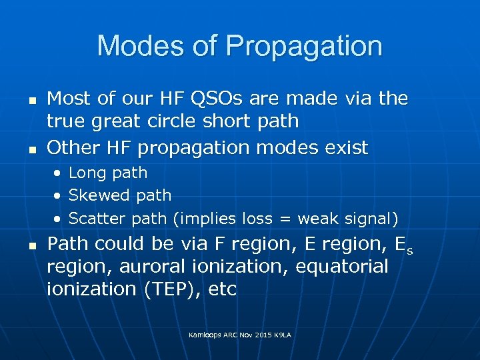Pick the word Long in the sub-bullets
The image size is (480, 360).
[85, 173]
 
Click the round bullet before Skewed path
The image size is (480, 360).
[59, 196]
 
